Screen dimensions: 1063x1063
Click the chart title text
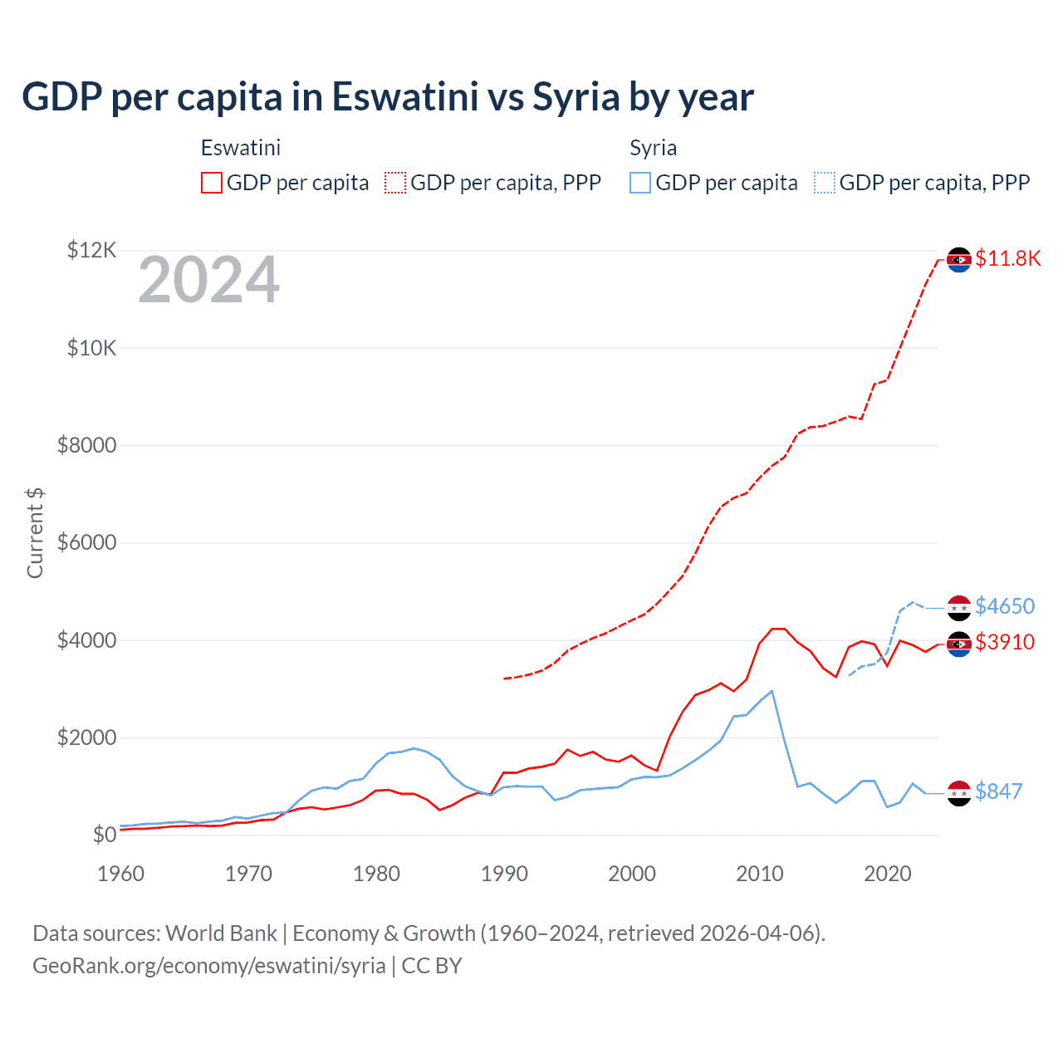pos(387,97)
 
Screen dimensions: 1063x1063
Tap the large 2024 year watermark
pos(208,281)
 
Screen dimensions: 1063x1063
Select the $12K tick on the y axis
pos(92,250)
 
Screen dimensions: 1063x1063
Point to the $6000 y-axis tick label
pos(86,542)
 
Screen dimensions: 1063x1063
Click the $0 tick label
pos(104,835)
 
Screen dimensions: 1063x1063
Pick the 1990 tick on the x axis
pos(504,874)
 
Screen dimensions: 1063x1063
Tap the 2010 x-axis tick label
pos(760,874)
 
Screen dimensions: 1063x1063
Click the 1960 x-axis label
pos(121,874)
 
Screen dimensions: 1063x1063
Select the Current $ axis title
pos(35,533)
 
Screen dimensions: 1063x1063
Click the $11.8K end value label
pos(1007,258)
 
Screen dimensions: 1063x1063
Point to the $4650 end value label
pos(1005,606)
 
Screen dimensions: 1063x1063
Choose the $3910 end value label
pos(1005,642)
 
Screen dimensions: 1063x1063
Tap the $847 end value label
pos(998,791)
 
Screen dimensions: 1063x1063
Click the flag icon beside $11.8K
pos(959,260)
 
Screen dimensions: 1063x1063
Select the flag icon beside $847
pos(959,793)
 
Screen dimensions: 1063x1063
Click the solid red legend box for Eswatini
pos(212,183)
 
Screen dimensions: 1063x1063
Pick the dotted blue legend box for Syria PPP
pos(825,183)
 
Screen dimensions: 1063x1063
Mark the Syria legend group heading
pos(653,148)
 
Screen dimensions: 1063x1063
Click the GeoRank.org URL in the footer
pos(209,966)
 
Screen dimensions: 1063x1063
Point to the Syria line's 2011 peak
pos(772,691)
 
